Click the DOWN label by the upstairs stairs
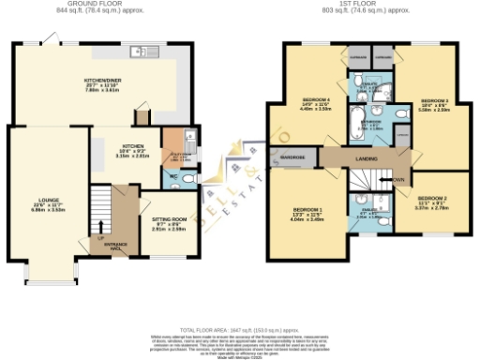pyautogui.click(x=397, y=179)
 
